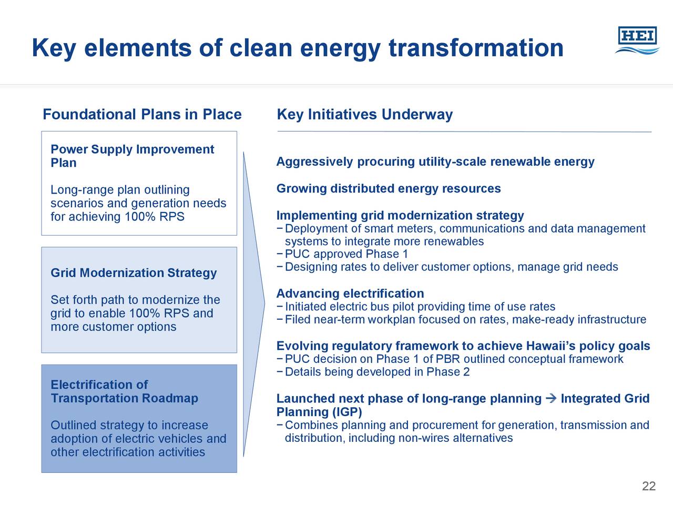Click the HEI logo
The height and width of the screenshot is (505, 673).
[x=637, y=41]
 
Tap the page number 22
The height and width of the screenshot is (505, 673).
[x=649, y=486]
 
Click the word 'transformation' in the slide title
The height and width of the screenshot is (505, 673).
[x=476, y=48]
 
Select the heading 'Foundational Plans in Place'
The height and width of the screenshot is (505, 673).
[x=142, y=114]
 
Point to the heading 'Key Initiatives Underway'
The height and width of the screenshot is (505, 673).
[x=365, y=115]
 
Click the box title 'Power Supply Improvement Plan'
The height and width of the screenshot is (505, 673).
[x=132, y=156]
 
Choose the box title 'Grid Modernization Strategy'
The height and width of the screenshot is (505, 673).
[x=134, y=273]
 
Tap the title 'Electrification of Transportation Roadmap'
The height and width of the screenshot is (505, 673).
[x=124, y=391]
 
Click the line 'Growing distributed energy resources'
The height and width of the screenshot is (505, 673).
[x=389, y=188]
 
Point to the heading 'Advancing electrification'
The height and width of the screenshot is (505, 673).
[x=350, y=294]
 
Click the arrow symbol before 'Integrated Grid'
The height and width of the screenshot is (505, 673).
[x=551, y=399]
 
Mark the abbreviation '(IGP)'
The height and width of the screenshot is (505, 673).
[x=347, y=412]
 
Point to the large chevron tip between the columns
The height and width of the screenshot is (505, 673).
[x=264, y=304]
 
